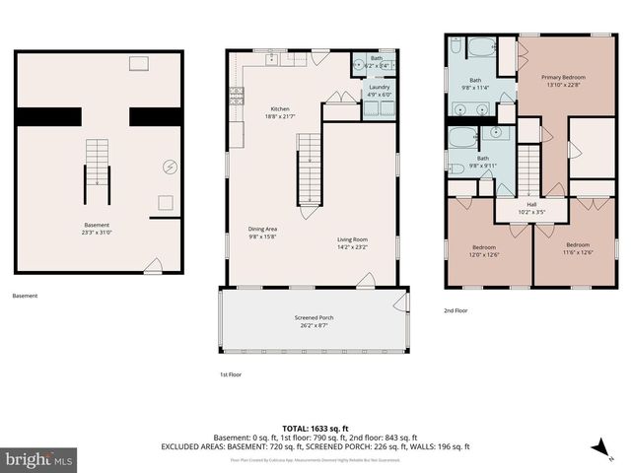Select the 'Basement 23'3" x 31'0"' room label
click(97, 229)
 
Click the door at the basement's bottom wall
click(153, 266)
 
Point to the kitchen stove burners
click(236, 96)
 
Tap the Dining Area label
click(262, 234)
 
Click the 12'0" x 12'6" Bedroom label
click(484, 250)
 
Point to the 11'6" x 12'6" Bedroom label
click(577, 247)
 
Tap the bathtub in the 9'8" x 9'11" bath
click(462, 137)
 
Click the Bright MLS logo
click(39, 459)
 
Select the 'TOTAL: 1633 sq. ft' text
click(315, 428)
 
